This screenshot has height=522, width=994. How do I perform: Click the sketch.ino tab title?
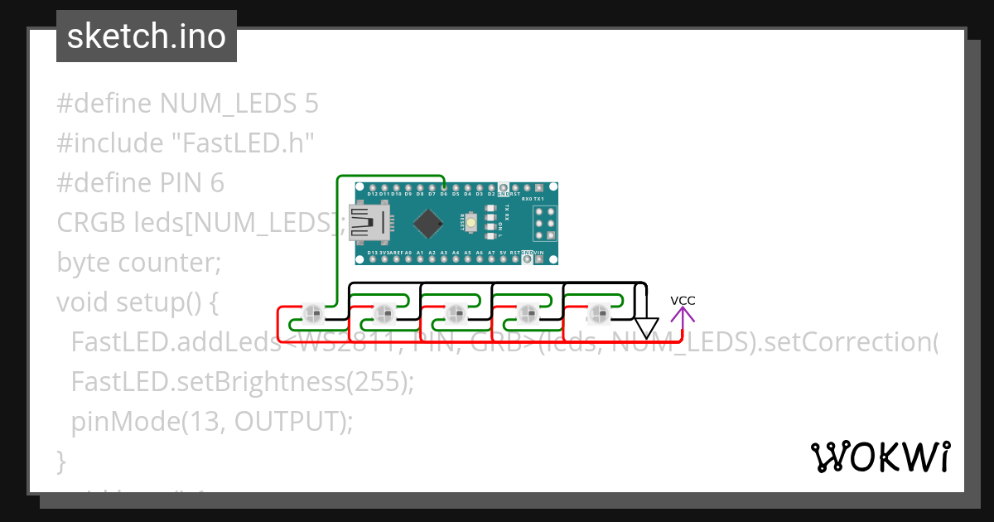[x=147, y=36]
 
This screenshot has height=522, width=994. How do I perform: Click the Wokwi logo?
[x=880, y=457]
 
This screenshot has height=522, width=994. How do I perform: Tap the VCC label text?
[x=683, y=300]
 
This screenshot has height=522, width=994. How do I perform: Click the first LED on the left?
[x=312, y=313]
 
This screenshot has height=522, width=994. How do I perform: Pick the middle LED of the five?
[x=455, y=313]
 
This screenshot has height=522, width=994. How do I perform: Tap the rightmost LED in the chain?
[x=597, y=313]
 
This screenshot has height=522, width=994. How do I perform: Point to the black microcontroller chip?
[x=427, y=222]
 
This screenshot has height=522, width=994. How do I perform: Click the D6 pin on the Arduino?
[x=444, y=188]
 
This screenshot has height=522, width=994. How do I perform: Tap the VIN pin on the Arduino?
[x=538, y=259]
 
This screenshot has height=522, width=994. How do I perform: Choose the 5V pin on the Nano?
[x=503, y=259]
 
